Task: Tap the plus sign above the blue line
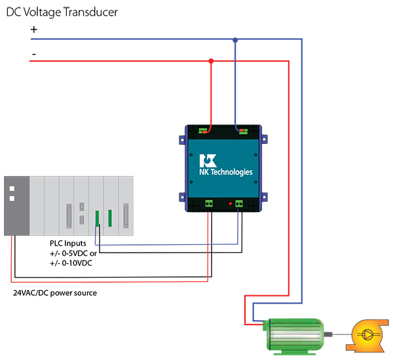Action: pyautogui.click(x=34, y=29)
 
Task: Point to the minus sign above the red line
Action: pyautogui.click(x=33, y=52)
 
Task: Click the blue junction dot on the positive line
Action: pyautogui.click(x=235, y=40)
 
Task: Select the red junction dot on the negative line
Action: pyautogui.click(x=211, y=61)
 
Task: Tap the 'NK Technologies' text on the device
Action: pyautogui.click(x=226, y=172)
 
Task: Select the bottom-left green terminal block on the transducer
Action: pyautogui.click(x=210, y=204)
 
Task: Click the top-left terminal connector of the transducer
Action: pyautogui.click(x=205, y=130)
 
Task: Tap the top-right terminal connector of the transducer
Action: pyautogui.click(x=243, y=130)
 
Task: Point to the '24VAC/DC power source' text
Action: pyautogui.click(x=56, y=293)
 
